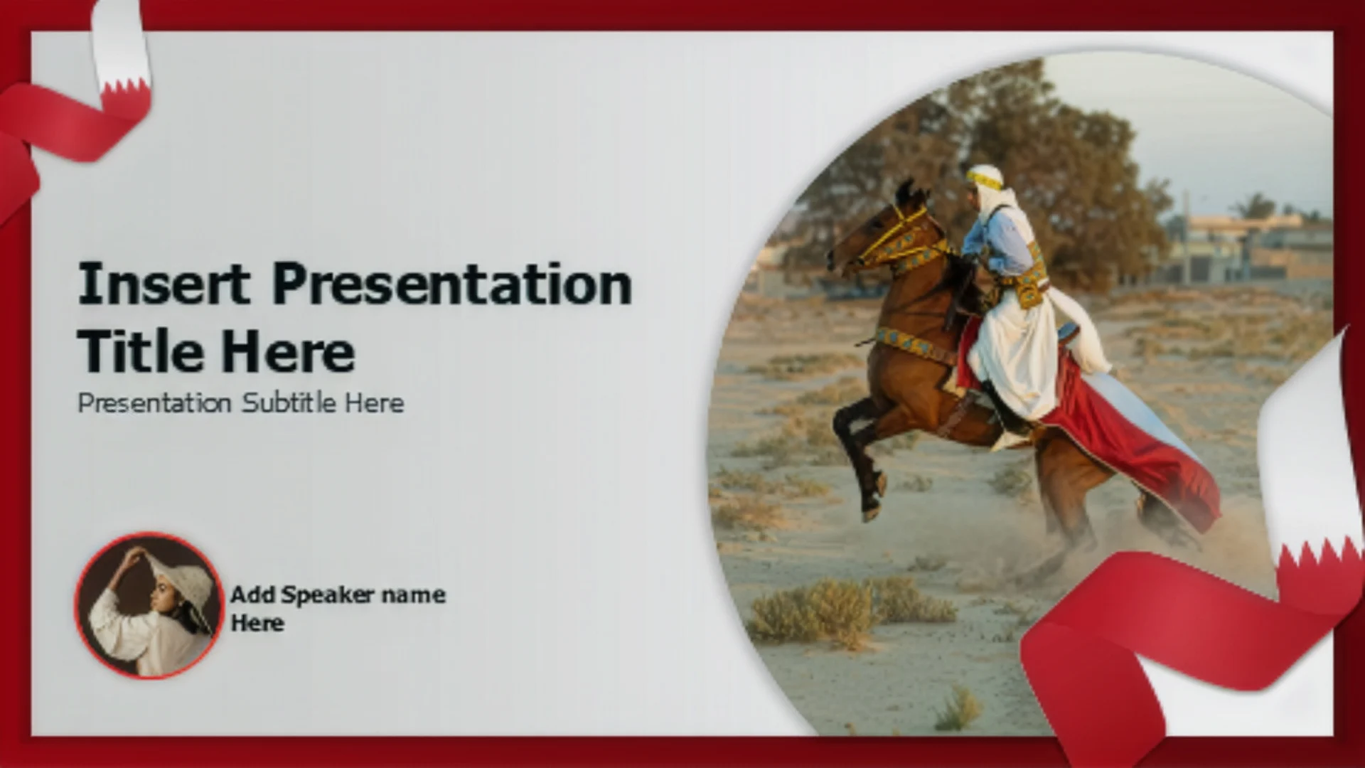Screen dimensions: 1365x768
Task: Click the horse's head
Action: click(878, 231)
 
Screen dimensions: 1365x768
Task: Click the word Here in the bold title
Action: click(287, 351)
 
